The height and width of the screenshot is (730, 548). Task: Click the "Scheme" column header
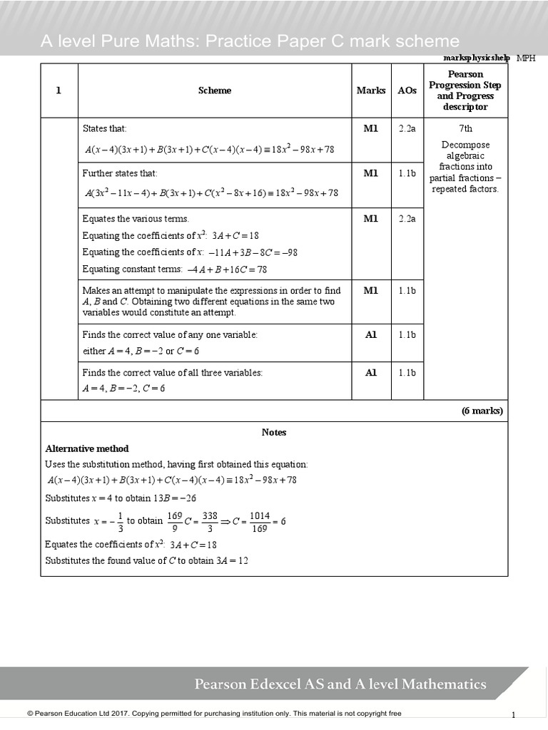(x=215, y=91)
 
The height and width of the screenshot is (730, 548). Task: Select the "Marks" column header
(x=371, y=91)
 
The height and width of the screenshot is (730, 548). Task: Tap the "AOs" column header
(x=407, y=91)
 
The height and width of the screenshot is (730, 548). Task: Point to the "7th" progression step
(x=465, y=128)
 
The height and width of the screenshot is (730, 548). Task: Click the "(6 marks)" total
(x=482, y=411)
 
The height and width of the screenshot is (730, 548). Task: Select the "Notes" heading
(x=274, y=432)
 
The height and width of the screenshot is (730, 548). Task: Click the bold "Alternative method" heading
(x=87, y=448)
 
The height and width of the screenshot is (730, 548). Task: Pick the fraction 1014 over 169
(x=260, y=521)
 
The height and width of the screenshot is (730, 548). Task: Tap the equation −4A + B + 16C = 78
(x=227, y=269)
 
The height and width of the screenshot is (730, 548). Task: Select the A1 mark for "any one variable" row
(x=371, y=334)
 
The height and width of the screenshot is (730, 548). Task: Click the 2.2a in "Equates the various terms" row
(x=407, y=219)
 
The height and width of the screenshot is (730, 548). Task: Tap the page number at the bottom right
(x=513, y=714)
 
